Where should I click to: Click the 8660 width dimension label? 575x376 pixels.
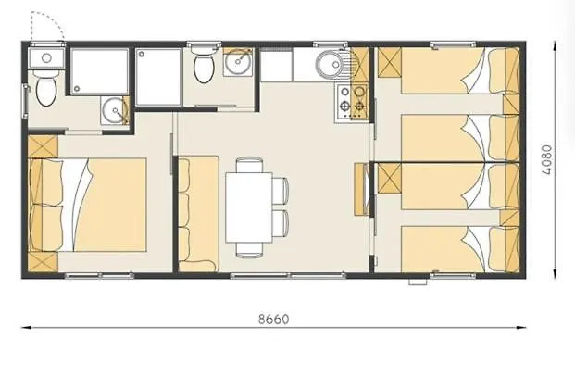pos(273,320)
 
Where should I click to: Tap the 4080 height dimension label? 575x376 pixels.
pos(546,160)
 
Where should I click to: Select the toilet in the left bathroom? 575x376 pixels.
pos(46,88)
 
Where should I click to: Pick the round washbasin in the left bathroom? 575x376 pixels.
pos(115,110)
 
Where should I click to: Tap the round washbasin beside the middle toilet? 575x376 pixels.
pos(238,62)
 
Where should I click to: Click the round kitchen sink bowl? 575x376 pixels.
pos(330,65)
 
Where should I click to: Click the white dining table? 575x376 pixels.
pos(249,207)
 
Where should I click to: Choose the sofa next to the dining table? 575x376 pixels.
pos(198,214)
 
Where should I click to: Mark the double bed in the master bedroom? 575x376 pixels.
pos(88,205)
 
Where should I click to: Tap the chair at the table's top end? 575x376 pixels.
pos(249,165)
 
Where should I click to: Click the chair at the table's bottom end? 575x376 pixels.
pos(249,250)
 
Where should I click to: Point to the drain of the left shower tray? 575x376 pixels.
pos(77,88)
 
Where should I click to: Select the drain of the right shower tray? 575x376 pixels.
pos(141,54)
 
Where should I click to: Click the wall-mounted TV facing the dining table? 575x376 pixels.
pos(362,189)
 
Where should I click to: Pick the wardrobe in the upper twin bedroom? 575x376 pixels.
pos(390,62)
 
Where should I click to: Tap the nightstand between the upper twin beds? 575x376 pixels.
pos(511,105)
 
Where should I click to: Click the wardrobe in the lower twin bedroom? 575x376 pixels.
pos(390,179)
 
